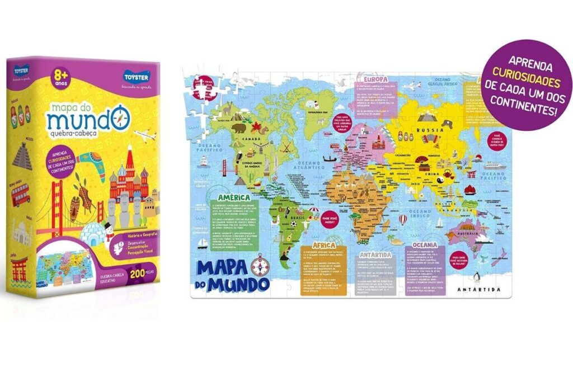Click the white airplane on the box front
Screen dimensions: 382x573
pos(143,135)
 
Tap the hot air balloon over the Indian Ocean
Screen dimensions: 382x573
pos(402,219)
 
